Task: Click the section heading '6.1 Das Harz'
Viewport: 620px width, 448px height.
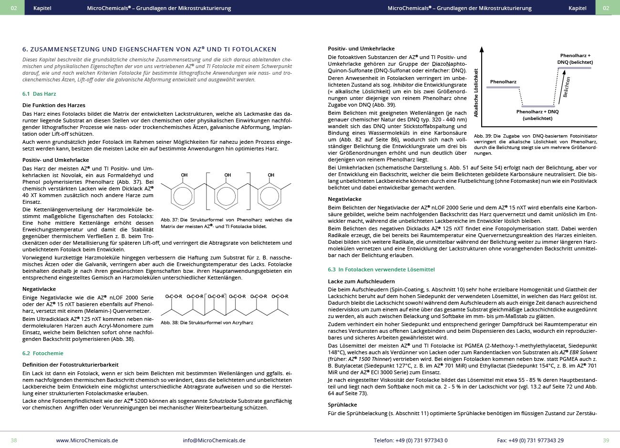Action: coord(39,94)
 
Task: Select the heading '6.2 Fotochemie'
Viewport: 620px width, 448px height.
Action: coord(42,353)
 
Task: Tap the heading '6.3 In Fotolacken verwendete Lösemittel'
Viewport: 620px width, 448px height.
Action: coord(381,269)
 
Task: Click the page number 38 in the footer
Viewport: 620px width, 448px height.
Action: coord(14,440)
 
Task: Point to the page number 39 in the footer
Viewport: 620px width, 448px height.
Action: coord(606,440)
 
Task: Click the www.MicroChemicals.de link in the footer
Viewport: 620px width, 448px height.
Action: coord(87,440)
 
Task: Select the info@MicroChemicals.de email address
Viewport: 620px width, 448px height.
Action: coord(214,440)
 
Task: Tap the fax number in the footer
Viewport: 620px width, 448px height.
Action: coord(530,440)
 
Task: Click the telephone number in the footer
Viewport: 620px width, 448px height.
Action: coord(411,440)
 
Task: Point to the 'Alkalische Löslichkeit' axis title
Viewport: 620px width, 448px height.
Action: coord(475,93)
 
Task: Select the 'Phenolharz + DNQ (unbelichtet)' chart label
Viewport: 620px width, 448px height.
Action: coord(537,115)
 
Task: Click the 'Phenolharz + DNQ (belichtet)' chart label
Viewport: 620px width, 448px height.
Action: coord(575,59)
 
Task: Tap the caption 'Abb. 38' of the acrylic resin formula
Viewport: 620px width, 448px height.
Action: coord(207,322)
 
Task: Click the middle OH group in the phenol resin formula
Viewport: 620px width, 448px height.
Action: coord(227,175)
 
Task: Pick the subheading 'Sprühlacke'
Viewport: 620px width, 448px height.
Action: coord(342,405)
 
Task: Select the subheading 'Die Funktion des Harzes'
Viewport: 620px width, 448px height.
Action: coord(54,105)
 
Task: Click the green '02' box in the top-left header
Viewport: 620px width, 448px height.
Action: coord(14,8)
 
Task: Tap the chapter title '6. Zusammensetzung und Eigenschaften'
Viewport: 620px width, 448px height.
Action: coord(149,49)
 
